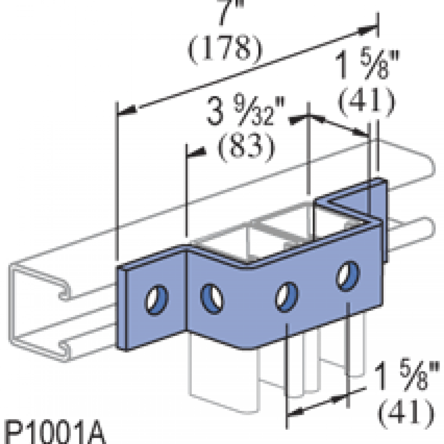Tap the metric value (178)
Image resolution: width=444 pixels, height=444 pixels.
pyautogui.click(x=225, y=48)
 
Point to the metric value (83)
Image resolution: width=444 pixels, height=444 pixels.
pyautogui.click(x=246, y=147)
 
